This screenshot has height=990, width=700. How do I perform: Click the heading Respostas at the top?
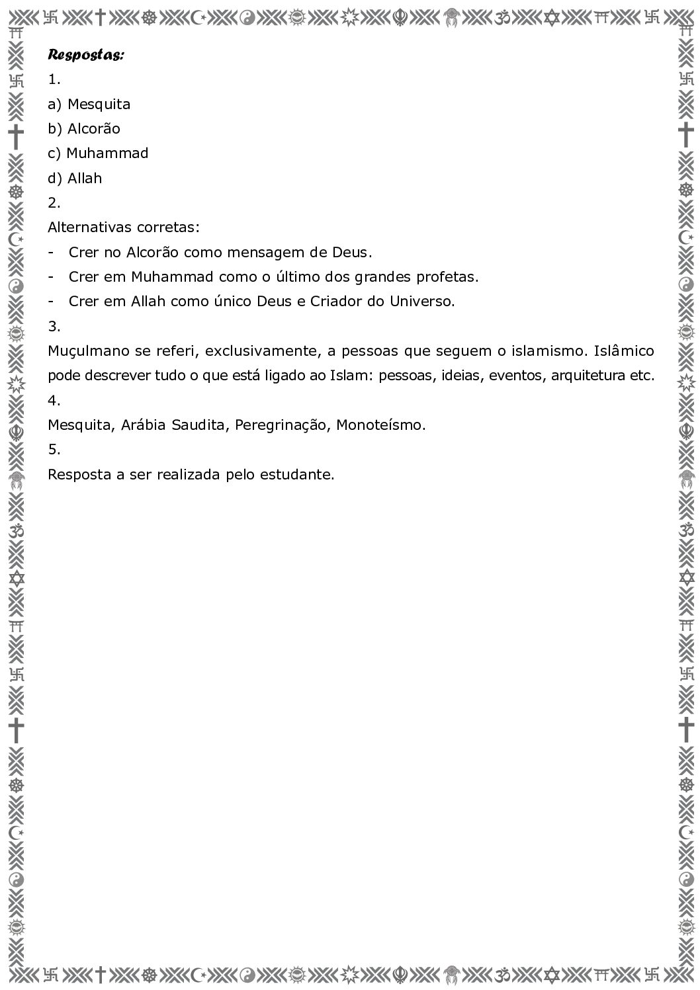coord(85,55)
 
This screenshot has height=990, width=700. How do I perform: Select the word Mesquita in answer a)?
coord(99,104)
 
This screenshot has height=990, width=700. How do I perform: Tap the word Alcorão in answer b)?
coord(93,129)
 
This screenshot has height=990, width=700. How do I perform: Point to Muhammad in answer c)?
coord(107,153)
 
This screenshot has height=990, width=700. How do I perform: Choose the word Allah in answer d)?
coord(85,179)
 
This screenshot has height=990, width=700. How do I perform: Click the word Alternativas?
coord(90,227)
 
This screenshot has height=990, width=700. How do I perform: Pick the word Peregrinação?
coord(281,425)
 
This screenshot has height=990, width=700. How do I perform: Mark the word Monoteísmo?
coord(380,425)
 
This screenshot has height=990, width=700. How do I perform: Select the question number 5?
coord(53,450)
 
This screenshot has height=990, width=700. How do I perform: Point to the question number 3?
coord(53,327)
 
